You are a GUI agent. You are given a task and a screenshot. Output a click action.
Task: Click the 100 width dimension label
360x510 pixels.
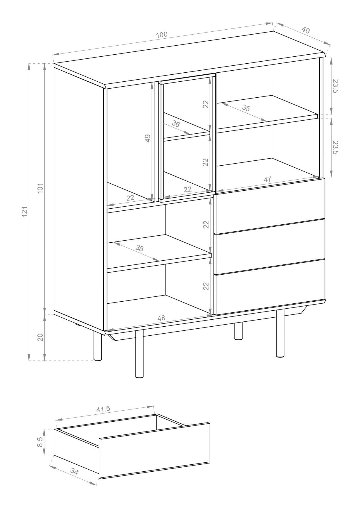tap(162, 35)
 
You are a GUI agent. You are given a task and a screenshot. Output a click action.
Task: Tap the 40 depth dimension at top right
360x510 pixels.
tap(305, 30)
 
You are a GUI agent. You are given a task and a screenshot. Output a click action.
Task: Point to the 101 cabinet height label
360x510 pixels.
tap(40, 188)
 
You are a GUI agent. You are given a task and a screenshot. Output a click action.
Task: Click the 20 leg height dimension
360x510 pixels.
tap(40, 337)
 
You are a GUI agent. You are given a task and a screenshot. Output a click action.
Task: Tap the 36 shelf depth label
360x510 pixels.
tap(176, 124)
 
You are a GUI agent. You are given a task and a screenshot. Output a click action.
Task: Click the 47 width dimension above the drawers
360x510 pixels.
tap(267, 179)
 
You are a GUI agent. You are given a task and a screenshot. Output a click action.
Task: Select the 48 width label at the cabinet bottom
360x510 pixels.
tap(161, 318)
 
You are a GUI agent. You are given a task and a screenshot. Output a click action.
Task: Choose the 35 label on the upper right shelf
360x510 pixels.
tap(246, 108)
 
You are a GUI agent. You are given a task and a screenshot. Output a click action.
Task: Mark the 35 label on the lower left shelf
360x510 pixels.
tap(140, 248)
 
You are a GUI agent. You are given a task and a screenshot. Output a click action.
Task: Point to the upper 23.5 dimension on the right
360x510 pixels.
tap(335, 86)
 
